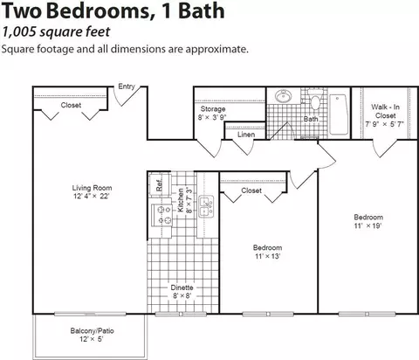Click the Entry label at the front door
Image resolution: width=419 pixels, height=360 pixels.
(x=127, y=87)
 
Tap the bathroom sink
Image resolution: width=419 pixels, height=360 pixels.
(x=283, y=96)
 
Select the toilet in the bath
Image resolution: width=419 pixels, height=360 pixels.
(x=315, y=99)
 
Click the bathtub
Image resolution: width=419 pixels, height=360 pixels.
(x=339, y=114)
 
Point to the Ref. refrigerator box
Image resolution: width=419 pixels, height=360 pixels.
(x=159, y=184)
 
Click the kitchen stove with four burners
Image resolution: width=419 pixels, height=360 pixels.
(x=161, y=215)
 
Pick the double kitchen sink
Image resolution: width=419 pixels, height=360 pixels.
(x=206, y=207)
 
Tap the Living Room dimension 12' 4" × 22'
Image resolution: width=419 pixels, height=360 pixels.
(x=92, y=197)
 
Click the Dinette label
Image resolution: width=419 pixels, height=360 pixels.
(x=182, y=287)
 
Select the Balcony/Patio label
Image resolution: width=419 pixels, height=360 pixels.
(x=92, y=331)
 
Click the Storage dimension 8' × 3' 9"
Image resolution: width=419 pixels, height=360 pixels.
(x=212, y=117)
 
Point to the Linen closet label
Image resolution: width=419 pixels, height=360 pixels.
(x=246, y=135)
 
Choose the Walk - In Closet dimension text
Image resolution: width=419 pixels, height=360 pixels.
(x=384, y=124)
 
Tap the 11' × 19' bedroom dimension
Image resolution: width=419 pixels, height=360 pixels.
(x=367, y=225)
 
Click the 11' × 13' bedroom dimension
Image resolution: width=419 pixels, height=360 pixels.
(x=267, y=256)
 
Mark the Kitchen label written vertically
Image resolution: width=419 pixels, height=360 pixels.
(x=181, y=200)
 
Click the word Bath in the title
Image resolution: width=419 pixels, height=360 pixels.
(x=201, y=10)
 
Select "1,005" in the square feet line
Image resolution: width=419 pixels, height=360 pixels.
(x=19, y=32)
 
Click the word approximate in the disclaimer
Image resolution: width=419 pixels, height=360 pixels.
(x=216, y=49)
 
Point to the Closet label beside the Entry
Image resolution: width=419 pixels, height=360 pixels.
(x=71, y=105)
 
